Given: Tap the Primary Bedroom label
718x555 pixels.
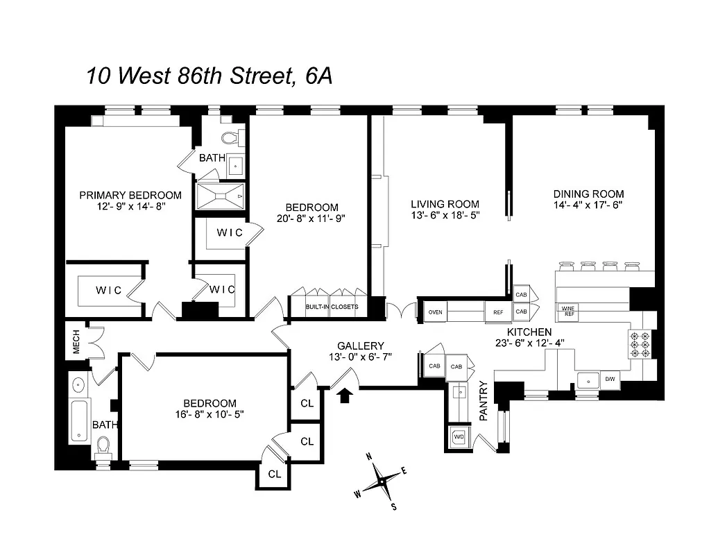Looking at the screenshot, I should tap(130, 195).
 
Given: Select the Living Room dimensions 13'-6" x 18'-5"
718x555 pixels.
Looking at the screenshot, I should tap(445, 215).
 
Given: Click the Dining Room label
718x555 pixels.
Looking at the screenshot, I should tap(588, 194).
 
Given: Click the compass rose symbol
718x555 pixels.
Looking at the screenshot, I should tap(380, 481).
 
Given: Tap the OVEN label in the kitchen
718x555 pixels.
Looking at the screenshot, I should tap(435, 312).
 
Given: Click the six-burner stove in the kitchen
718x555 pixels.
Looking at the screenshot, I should tap(642, 342).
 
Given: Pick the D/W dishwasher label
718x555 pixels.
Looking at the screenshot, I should tap(610, 379).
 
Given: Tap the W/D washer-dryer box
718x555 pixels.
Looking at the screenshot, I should tap(459, 437).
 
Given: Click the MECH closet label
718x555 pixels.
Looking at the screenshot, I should tap(76, 341).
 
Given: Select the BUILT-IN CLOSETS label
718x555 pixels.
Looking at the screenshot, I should tap(332, 306).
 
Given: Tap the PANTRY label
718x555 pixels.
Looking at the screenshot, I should tap(484, 401).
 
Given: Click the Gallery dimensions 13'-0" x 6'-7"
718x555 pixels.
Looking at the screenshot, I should tap(360, 357).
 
